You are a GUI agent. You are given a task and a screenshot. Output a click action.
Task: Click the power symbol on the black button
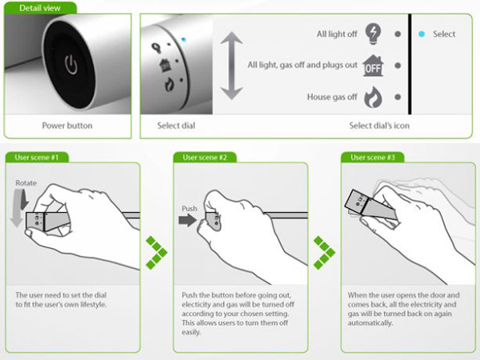[71, 65]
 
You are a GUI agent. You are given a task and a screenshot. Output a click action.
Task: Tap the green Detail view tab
[40, 8]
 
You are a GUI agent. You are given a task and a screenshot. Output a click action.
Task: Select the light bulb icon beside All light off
[373, 34]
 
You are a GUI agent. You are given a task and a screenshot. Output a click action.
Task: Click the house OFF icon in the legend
[373, 66]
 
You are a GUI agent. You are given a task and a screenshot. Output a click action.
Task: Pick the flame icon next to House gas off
[373, 97]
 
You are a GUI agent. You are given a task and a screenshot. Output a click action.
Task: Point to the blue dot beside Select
[422, 34]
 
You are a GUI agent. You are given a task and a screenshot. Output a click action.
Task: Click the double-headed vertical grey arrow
[231, 66]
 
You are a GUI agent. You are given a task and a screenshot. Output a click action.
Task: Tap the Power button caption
[67, 126]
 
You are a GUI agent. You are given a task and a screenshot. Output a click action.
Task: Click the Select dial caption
[176, 126]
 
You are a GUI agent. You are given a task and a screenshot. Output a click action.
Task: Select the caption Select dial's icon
[379, 126]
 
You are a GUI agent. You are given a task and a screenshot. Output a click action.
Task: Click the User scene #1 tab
[37, 158]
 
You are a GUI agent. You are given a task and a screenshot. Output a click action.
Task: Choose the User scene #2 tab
[205, 158]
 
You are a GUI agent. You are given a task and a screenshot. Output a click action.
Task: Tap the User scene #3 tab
[373, 158]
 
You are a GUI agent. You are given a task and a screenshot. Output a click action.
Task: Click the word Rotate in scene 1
[26, 183]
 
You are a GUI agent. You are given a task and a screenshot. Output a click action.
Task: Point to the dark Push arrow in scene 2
[188, 220]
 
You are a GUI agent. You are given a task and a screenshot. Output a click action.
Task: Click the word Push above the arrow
[189, 209]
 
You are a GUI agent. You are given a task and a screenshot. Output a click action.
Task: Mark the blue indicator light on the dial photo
[183, 39]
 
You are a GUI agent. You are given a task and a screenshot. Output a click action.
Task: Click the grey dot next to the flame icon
[398, 97]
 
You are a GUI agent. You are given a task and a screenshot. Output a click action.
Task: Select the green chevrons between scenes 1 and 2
[157, 253]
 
